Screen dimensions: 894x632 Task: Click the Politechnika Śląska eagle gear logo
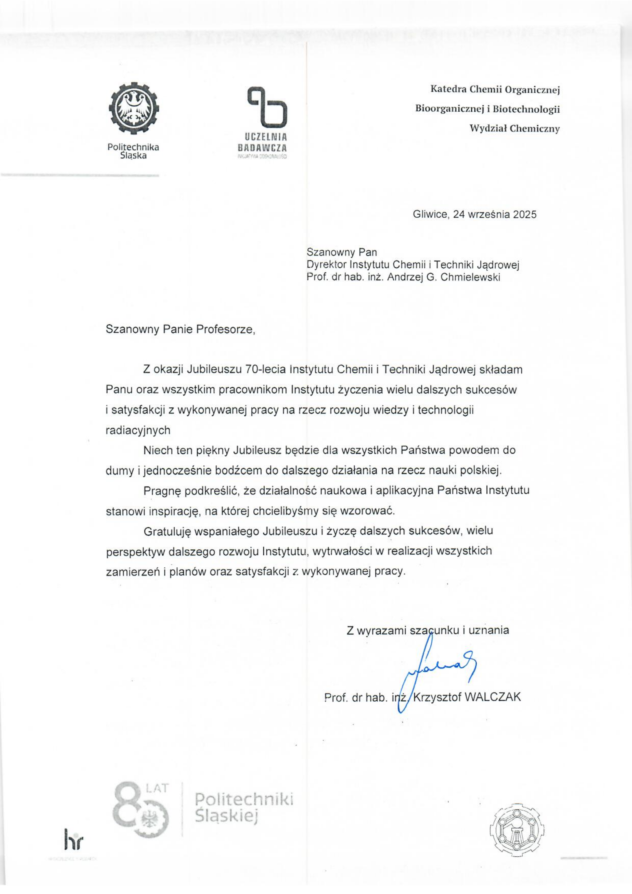coord(134,109)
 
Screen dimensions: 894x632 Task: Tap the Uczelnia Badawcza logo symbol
coord(267,107)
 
